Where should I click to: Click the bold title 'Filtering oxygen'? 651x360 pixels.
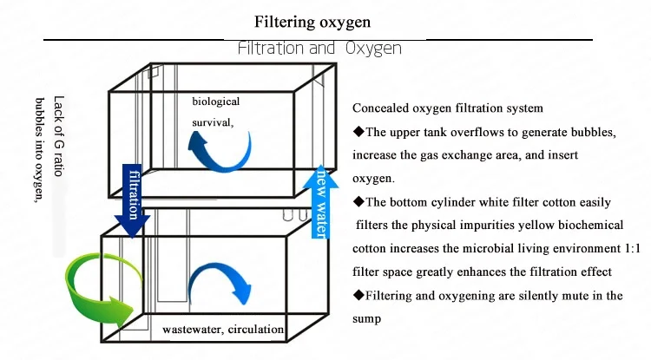pyautogui.click(x=312, y=22)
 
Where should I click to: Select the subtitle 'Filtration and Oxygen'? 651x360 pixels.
pyautogui.click(x=319, y=49)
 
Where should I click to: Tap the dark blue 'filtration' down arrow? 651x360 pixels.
pyautogui.click(x=133, y=200)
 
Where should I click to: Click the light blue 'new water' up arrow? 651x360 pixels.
pyautogui.click(x=320, y=202)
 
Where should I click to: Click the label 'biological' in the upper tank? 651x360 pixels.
pyautogui.click(x=216, y=101)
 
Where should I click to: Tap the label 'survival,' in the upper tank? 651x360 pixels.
pyautogui.click(x=213, y=123)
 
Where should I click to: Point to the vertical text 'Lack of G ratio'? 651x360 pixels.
pyautogui.click(x=59, y=136)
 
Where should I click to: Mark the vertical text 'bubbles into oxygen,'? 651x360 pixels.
pyautogui.click(x=40, y=150)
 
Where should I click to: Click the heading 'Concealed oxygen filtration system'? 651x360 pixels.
pyautogui.click(x=448, y=108)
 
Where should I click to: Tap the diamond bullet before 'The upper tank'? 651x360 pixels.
pyautogui.click(x=358, y=132)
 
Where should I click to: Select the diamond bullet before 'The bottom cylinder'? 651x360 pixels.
pyautogui.click(x=358, y=202)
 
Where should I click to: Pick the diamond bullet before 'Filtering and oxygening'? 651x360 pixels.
pyautogui.click(x=358, y=295)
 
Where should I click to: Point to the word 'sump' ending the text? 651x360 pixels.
pyautogui.click(x=366, y=319)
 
